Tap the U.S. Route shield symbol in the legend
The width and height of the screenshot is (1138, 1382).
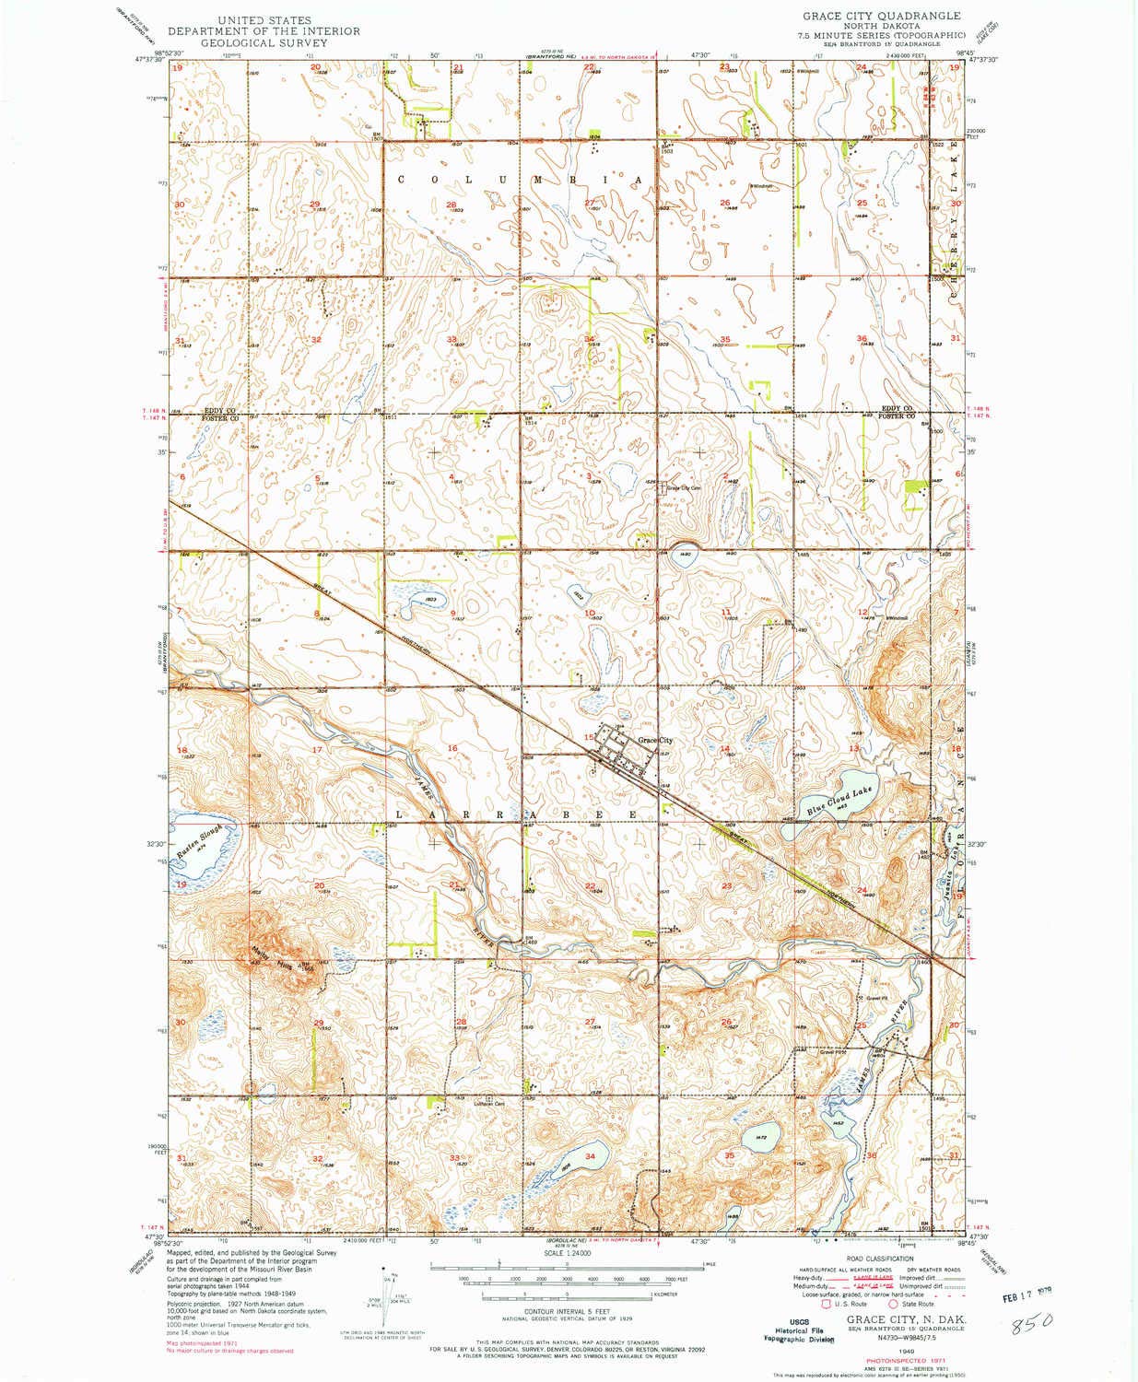point(812,1304)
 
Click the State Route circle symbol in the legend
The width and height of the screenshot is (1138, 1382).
point(892,1304)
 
